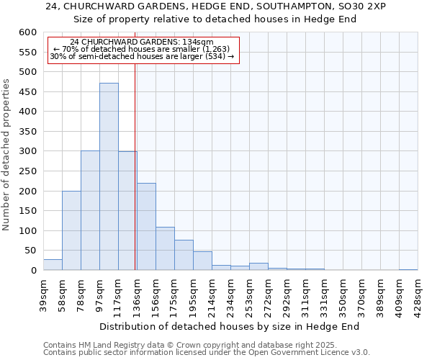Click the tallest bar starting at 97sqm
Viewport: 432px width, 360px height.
point(109,176)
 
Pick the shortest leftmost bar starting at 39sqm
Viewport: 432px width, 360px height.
point(53,265)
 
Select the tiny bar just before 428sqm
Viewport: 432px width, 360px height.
point(408,269)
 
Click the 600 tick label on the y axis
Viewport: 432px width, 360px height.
point(27,33)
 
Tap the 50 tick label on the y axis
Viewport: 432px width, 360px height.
point(30,251)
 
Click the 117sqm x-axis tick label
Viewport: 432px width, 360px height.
point(118,292)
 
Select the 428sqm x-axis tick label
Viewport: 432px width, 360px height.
point(418,292)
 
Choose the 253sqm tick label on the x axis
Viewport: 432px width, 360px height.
point(249,292)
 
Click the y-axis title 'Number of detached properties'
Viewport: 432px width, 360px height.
point(7,155)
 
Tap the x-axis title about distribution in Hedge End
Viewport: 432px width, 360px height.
point(229,326)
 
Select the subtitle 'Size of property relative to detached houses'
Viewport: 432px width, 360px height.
point(215,19)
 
